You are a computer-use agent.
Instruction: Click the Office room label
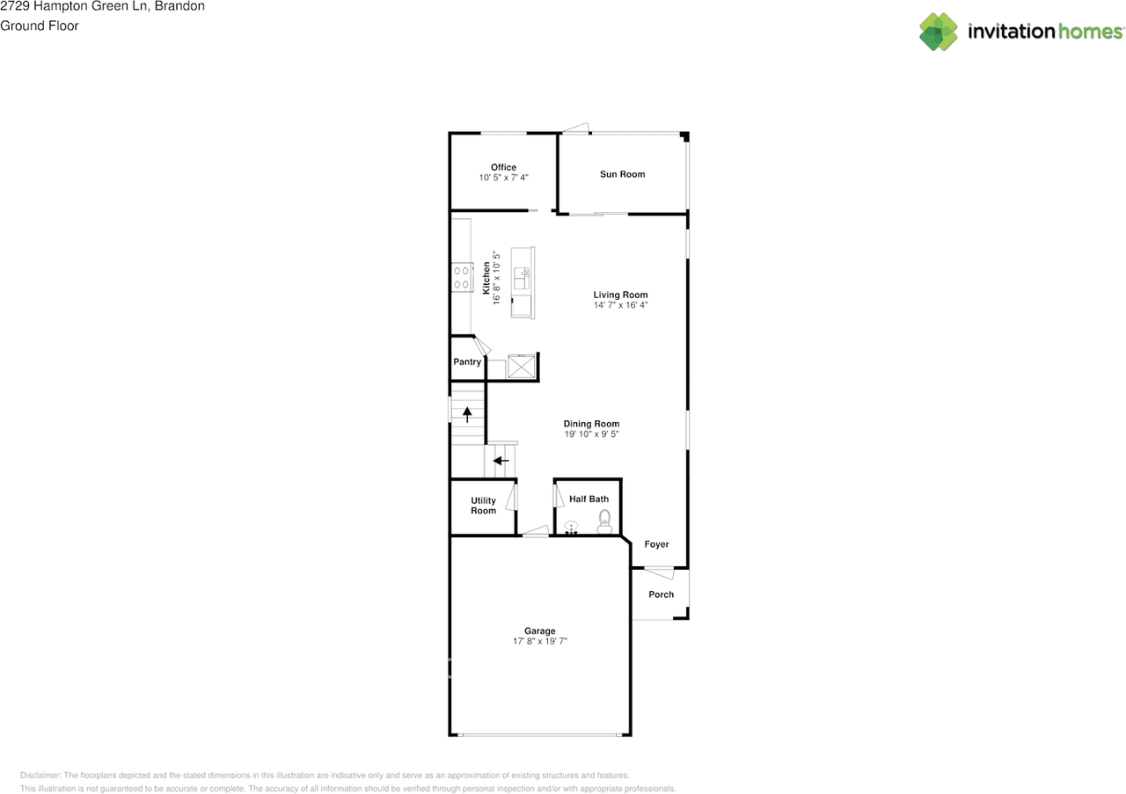(x=503, y=167)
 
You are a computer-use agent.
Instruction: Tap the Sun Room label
(x=622, y=174)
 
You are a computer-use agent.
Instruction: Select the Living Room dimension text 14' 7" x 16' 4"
(x=620, y=306)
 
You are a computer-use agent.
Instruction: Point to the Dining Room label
(x=591, y=424)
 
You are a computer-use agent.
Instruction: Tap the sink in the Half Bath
(x=572, y=528)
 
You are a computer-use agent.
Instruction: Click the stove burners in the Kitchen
(x=460, y=278)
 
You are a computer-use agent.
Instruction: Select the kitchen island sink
(x=522, y=279)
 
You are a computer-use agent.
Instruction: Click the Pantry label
(x=467, y=362)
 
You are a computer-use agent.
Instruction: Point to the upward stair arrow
(x=467, y=413)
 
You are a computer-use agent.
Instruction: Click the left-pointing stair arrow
(x=501, y=460)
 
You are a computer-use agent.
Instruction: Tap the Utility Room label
(x=483, y=506)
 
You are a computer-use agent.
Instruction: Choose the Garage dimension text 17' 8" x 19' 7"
(x=539, y=642)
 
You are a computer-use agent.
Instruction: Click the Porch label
(x=661, y=594)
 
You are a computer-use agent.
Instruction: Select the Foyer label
(x=656, y=544)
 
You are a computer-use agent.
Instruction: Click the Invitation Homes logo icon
(x=939, y=32)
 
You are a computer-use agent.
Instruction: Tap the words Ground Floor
(x=39, y=25)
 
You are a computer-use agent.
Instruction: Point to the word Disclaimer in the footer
(x=40, y=776)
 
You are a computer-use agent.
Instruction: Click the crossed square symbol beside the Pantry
(x=521, y=366)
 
